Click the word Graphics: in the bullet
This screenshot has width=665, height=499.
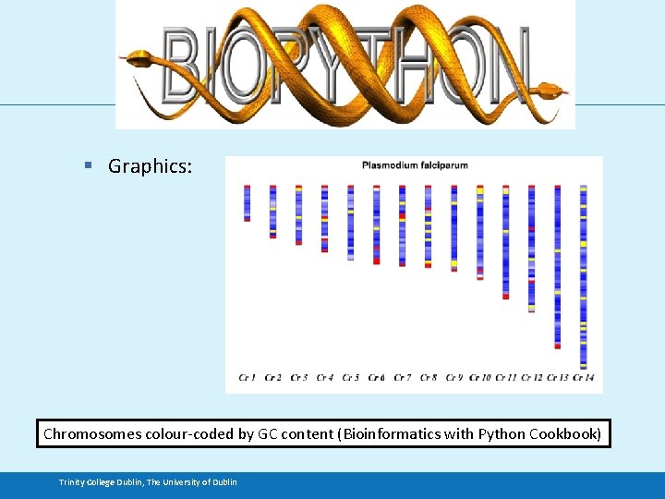pyautogui.click(x=150, y=166)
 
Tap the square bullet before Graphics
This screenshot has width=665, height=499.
pyautogui.click(x=88, y=165)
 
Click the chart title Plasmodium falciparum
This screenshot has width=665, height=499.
pyautogui.click(x=415, y=165)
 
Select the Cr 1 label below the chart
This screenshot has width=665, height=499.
pyautogui.click(x=247, y=377)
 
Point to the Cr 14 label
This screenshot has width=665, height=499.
pyautogui.click(x=583, y=377)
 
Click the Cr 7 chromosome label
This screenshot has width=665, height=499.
pyautogui.click(x=402, y=377)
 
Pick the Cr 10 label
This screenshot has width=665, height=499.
pyautogui.click(x=479, y=377)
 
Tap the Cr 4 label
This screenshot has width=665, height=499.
pyautogui.click(x=324, y=377)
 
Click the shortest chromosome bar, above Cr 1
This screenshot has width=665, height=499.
pyautogui.click(x=247, y=202)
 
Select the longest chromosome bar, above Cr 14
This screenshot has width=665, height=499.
pyautogui.click(x=583, y=276)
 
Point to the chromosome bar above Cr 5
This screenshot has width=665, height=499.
pyautogui.click(x=350, y=223)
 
